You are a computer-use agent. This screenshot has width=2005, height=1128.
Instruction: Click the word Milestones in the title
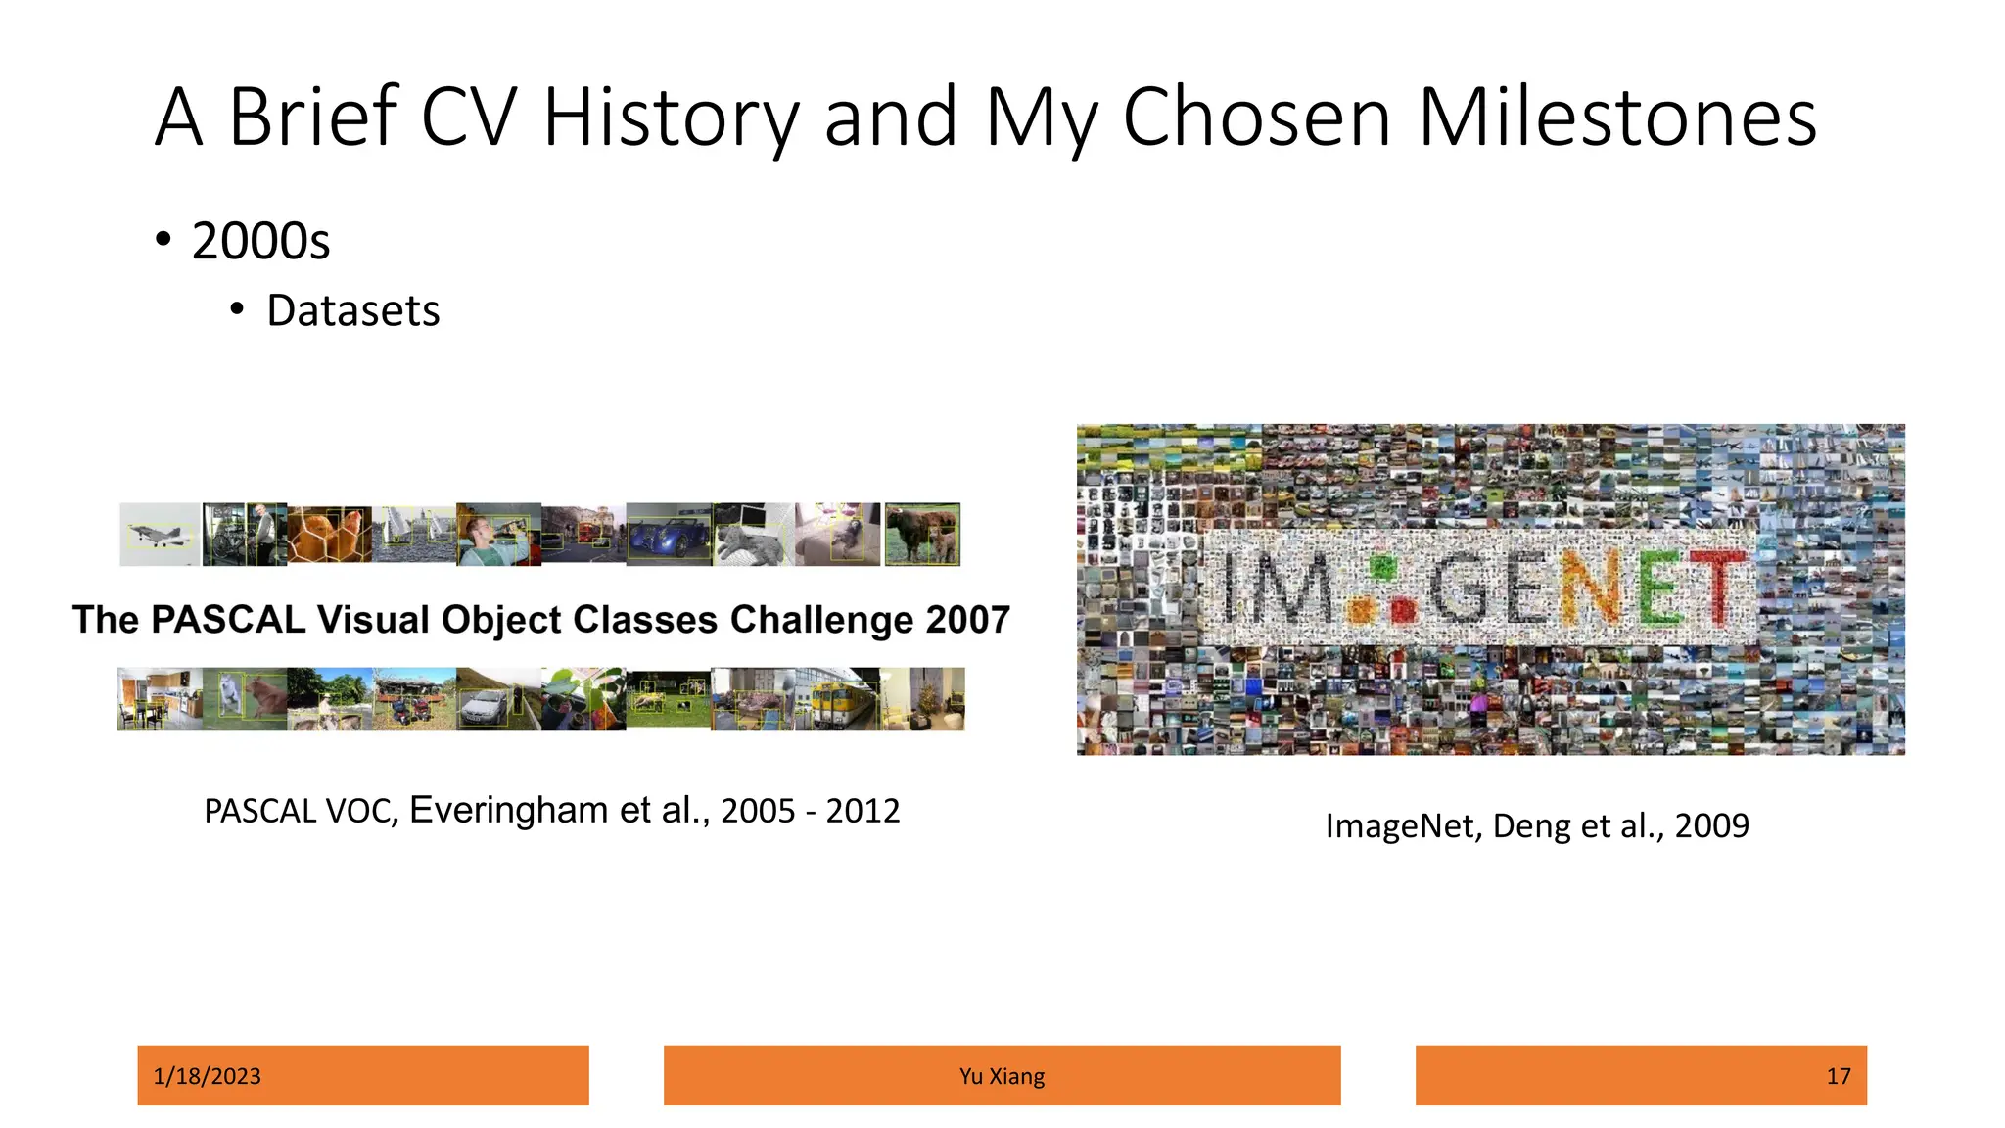(1616, 117)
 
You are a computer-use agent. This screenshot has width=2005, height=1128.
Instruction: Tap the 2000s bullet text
(260, 241)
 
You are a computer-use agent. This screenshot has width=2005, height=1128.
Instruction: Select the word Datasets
(352, 311)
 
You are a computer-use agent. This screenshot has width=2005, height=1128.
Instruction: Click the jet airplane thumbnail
(159, 535)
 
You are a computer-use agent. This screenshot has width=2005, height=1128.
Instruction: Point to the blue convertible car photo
(669, 536)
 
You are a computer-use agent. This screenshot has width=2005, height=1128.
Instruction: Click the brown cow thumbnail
(921, 534)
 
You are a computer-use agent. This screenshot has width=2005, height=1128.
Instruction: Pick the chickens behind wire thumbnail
(329, 536)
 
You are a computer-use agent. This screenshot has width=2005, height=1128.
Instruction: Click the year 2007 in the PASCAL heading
(967, 620)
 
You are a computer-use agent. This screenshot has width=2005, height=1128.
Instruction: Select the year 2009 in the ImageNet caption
(1711, 826)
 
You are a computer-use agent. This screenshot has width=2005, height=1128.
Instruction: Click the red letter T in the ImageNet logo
(1721, 587)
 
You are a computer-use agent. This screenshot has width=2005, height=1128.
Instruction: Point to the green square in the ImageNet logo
(1382, 567)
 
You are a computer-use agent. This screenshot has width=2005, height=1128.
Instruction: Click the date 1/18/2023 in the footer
(208, 1076)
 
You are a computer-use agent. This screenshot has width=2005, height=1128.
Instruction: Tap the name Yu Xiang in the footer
(1002, 1076)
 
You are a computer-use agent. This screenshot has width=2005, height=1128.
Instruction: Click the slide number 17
(1838, 1076)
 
